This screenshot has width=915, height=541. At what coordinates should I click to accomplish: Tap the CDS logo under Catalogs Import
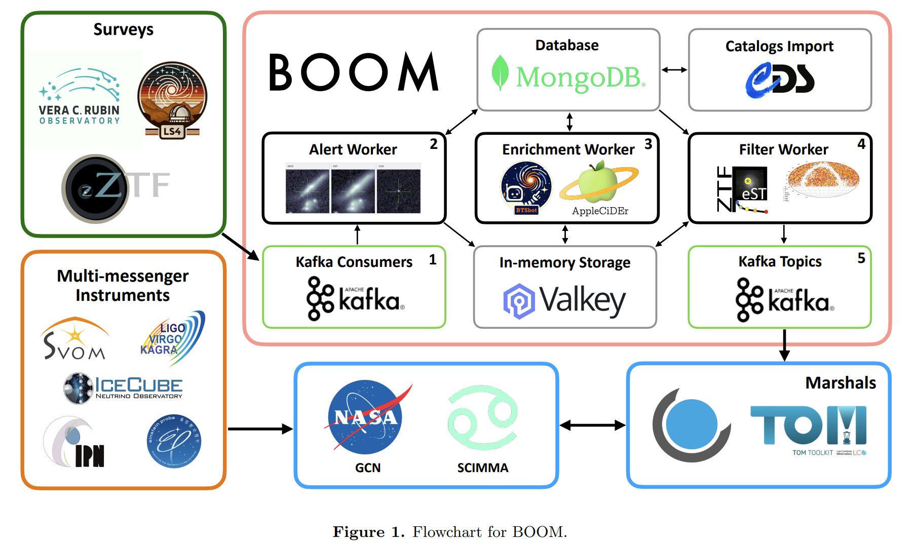pos(780,80)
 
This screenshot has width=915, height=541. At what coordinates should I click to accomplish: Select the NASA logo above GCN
pos(366,417)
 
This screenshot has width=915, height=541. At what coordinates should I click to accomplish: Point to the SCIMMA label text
pos(482,468)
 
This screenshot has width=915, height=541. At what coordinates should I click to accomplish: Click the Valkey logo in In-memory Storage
pos(564,300)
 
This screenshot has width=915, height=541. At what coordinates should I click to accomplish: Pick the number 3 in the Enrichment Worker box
pos(648,144)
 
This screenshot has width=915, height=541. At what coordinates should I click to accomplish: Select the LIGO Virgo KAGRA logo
pos(172,338)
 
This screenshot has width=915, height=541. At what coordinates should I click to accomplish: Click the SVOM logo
pos(75,339)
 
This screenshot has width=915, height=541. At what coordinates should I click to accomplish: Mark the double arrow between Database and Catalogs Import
pos(674,70)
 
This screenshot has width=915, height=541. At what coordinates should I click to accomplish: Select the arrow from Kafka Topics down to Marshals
pos(784,345)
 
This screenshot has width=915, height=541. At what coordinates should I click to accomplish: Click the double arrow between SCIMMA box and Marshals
pos(592,426)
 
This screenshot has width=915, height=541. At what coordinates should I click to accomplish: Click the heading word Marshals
pos(840,383)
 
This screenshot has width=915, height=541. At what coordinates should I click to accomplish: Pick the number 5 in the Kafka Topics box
pos(861,258)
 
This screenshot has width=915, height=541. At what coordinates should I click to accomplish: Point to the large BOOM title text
pos(353,73)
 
